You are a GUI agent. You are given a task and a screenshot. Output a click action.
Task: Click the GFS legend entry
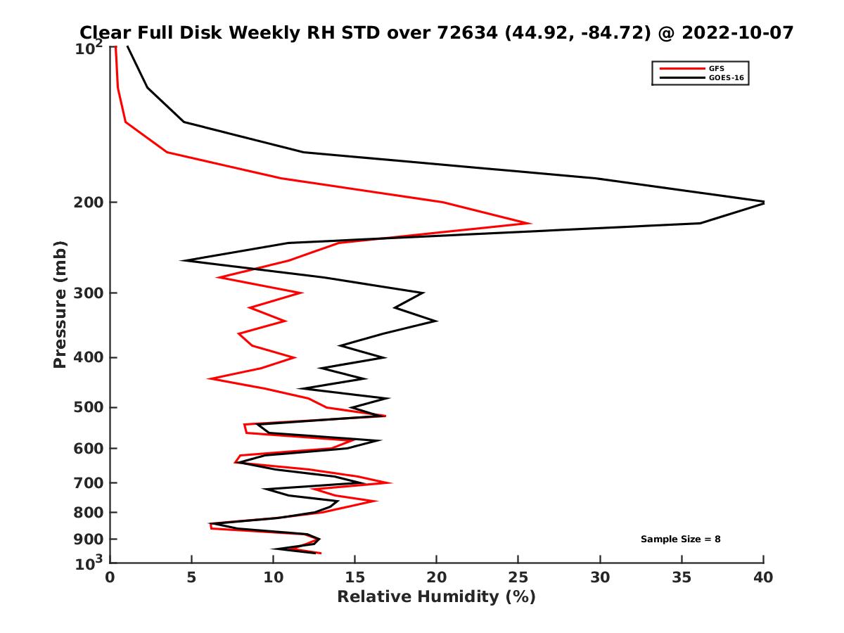click(x=715, y=68)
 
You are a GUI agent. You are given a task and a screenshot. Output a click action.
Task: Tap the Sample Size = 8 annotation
click(x=680, y=539)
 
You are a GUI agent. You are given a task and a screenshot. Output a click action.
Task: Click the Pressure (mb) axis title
click(x=60, y=304)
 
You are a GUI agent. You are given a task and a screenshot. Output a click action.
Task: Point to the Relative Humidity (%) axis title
click(x=436, y=597)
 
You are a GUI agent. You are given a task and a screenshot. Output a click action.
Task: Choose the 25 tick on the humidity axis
click(x=518, y=577)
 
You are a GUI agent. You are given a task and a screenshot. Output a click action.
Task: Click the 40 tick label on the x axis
click(x=763, y=577)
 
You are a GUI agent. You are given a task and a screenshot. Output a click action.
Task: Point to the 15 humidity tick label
click(x=355, y=577)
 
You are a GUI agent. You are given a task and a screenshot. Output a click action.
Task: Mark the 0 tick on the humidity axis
click(x=110, y=577)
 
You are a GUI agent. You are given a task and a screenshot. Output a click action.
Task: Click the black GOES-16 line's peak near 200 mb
click(x=763, y=203)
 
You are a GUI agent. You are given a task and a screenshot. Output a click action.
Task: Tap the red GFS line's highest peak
click(x=530, y=224)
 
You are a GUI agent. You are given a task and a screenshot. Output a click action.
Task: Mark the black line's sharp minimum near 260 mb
click(x=183, y=261)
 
